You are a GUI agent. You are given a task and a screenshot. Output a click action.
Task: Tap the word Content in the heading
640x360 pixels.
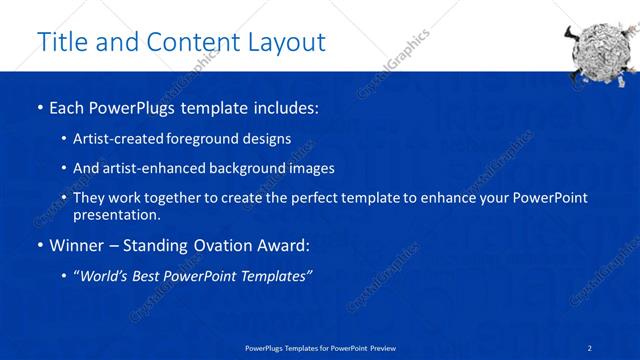[x=189, y=42]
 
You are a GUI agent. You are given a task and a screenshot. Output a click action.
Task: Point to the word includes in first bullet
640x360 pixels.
[x=285, y=106]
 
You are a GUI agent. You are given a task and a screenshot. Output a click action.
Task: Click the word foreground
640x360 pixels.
[x=209, y=138]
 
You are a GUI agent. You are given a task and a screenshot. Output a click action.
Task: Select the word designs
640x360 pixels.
[x=269, y=138]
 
